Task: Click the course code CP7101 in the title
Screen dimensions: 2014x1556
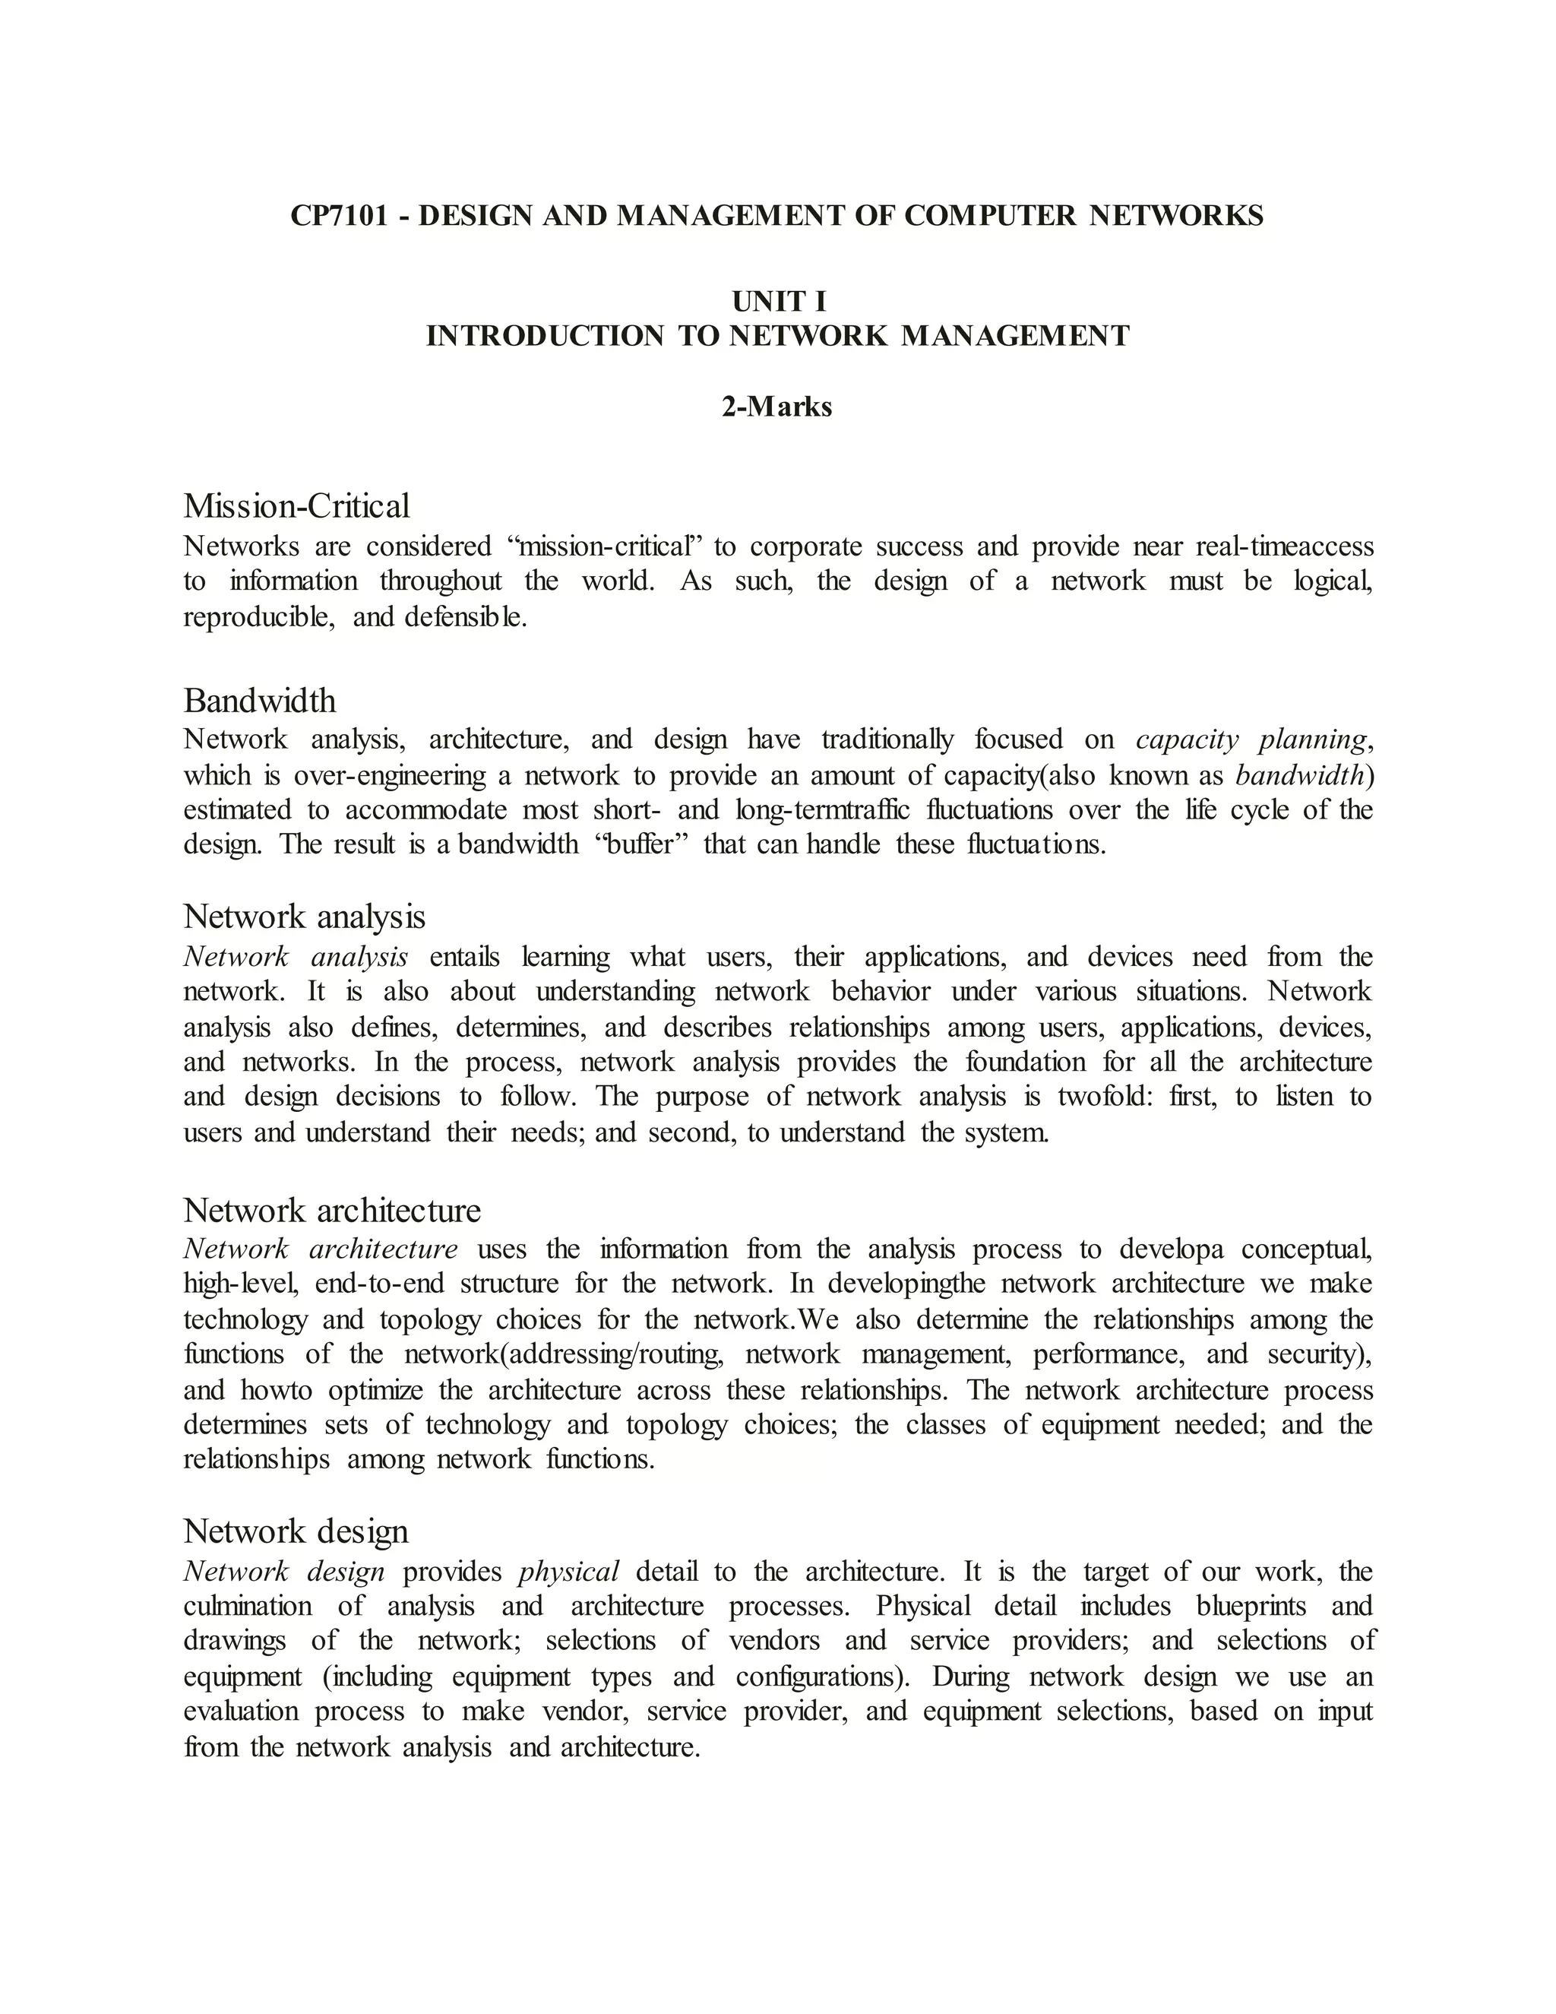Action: point(337,216)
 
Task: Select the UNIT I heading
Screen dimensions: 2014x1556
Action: point(778,302)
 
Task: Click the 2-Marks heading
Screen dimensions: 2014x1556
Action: point(777,407)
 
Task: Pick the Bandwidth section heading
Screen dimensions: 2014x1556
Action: point(260,701)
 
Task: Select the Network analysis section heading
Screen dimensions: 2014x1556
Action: point(304,917)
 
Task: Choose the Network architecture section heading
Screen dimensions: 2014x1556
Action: point(332,1209)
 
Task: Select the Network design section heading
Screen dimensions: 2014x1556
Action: point(295,1531)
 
